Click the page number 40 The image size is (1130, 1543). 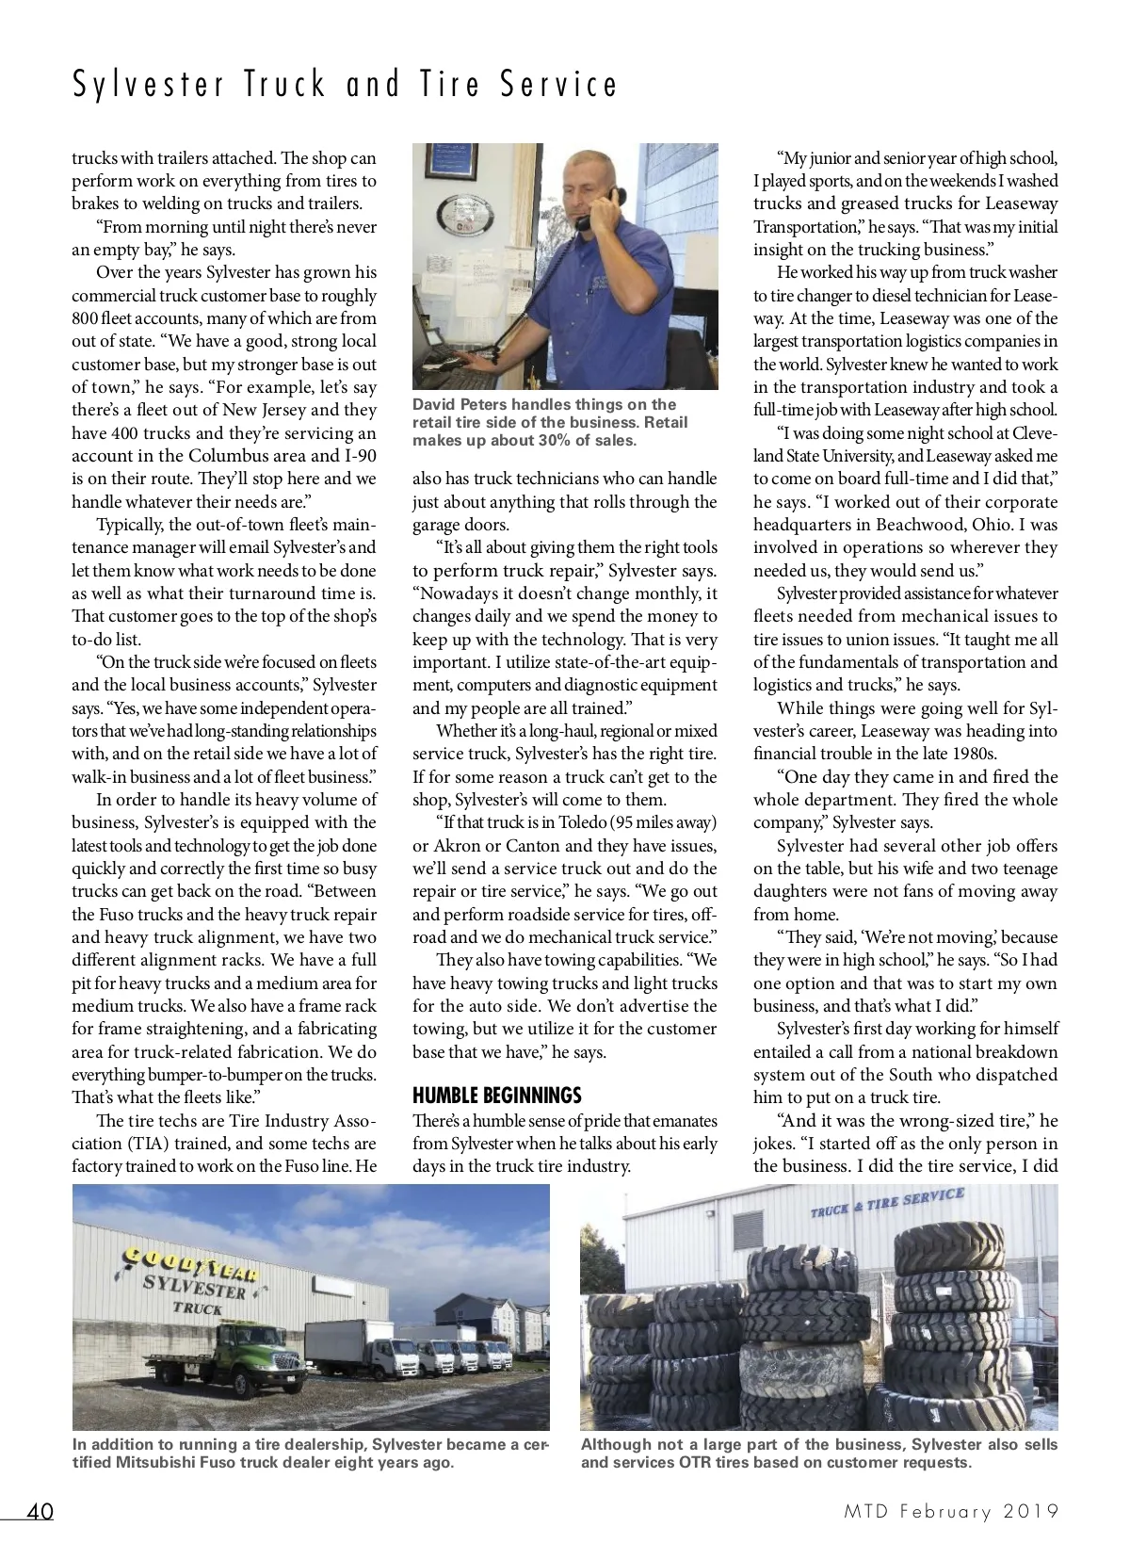point(40,1512)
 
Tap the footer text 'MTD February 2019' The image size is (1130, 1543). point(950,1512)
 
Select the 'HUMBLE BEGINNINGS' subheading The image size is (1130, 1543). point(496,1096)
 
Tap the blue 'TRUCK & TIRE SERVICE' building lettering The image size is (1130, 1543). point(887,1203)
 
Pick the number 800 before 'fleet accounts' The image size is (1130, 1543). point(85,318)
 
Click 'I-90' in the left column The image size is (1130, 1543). point(357,456)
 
